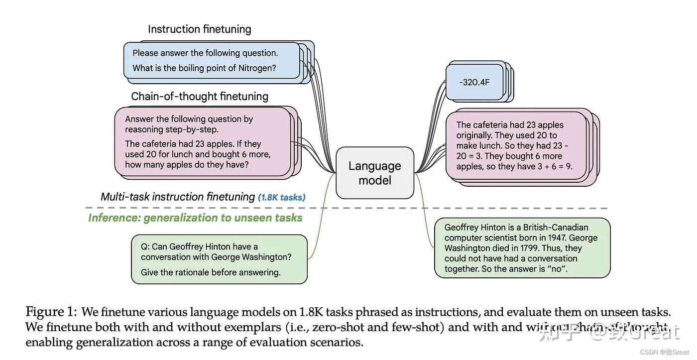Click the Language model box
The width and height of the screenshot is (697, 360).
(375, 173)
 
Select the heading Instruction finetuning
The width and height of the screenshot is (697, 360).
(199, 29)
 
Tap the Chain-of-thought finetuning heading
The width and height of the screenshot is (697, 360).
(200, 96)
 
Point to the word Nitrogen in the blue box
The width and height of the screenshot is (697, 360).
(254, 68)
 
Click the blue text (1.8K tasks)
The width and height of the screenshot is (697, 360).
(281, 197)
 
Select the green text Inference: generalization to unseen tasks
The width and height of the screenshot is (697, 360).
(195, 218)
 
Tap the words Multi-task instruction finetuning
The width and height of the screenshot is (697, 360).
(178, 197)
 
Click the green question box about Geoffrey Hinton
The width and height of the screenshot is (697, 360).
(219, 259)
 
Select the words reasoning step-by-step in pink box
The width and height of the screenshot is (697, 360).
(171, 129)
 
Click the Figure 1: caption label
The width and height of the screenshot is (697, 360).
(51, 312)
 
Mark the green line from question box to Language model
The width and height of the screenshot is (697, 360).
(321, 219)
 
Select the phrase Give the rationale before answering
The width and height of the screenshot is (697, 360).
(211, 272)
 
